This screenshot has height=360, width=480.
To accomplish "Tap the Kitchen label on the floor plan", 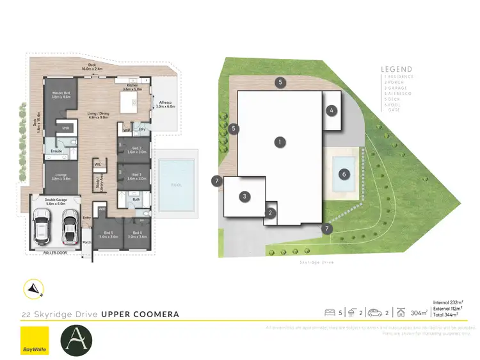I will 132,87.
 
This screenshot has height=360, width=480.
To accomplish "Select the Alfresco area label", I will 164,104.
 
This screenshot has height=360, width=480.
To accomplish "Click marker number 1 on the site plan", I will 279,140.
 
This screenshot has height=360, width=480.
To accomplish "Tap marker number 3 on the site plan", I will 244,197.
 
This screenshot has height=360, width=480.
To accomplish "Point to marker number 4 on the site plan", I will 332,110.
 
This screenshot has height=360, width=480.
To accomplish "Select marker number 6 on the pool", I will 344,174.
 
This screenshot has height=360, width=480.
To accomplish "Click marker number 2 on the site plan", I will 271,213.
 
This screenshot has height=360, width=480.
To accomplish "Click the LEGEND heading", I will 397,69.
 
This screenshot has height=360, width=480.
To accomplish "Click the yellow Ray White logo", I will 35,340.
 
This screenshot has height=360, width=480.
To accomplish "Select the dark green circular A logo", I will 76,340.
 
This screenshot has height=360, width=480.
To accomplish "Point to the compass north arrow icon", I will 33,290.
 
